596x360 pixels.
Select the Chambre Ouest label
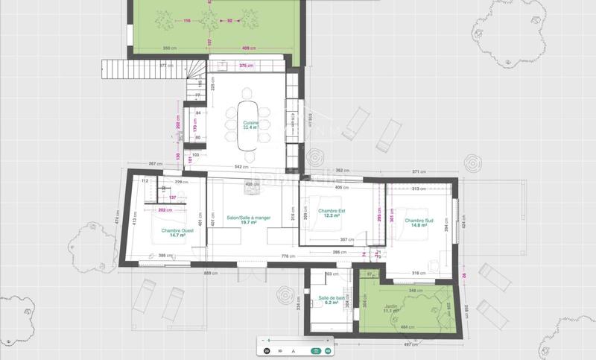pyautogui.click(x=177, y=233)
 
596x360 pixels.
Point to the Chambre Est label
pyautogui.click(x=332, y=213)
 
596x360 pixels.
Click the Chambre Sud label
pyautogui.click(x=419, y=223)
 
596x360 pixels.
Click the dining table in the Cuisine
pyautogui.click(x=248, y=119)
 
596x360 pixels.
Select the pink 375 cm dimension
pyautogui.click(x=246, y=66)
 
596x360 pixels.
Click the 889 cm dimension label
pyautogui.click(x=212, y=274)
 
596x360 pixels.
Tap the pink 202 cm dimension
pyautogui.click(x=165, y=210)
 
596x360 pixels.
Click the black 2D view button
pyautogui.click(x=267, y=350)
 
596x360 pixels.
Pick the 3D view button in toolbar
pyautogui.click(x=280, y=350)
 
